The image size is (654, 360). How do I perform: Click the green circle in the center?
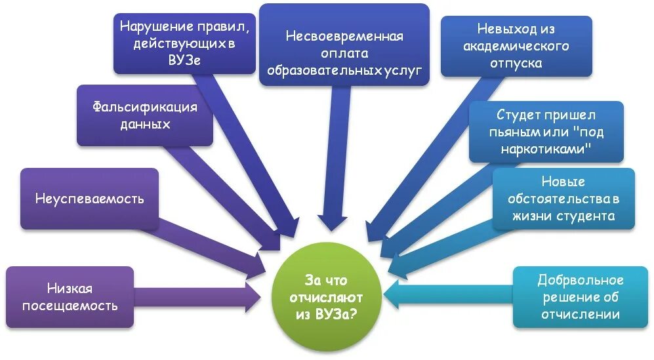click(326, 297)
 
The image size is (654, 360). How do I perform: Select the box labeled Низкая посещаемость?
click(70, 297)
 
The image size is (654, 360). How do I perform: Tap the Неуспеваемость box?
click(89, 199)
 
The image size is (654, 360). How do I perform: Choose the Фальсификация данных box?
click(145, 115)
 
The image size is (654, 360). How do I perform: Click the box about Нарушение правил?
click(184, 43)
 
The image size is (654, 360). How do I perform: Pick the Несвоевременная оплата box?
click(344, 45)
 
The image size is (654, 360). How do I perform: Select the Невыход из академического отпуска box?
click(516, 46)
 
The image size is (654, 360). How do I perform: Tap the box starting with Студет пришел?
click(546, 132)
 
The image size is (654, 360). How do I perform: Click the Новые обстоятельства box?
click(563, 199)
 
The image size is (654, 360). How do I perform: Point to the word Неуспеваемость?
click(89, 199)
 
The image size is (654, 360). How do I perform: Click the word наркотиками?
click(546, 149)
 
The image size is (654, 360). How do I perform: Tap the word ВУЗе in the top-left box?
click(184, 59)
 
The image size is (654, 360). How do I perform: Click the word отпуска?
click(516, 64)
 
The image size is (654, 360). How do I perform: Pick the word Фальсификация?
click(145, 107)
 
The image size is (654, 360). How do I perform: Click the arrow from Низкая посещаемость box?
click(197, 297)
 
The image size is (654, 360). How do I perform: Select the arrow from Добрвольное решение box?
click(446, 294)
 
